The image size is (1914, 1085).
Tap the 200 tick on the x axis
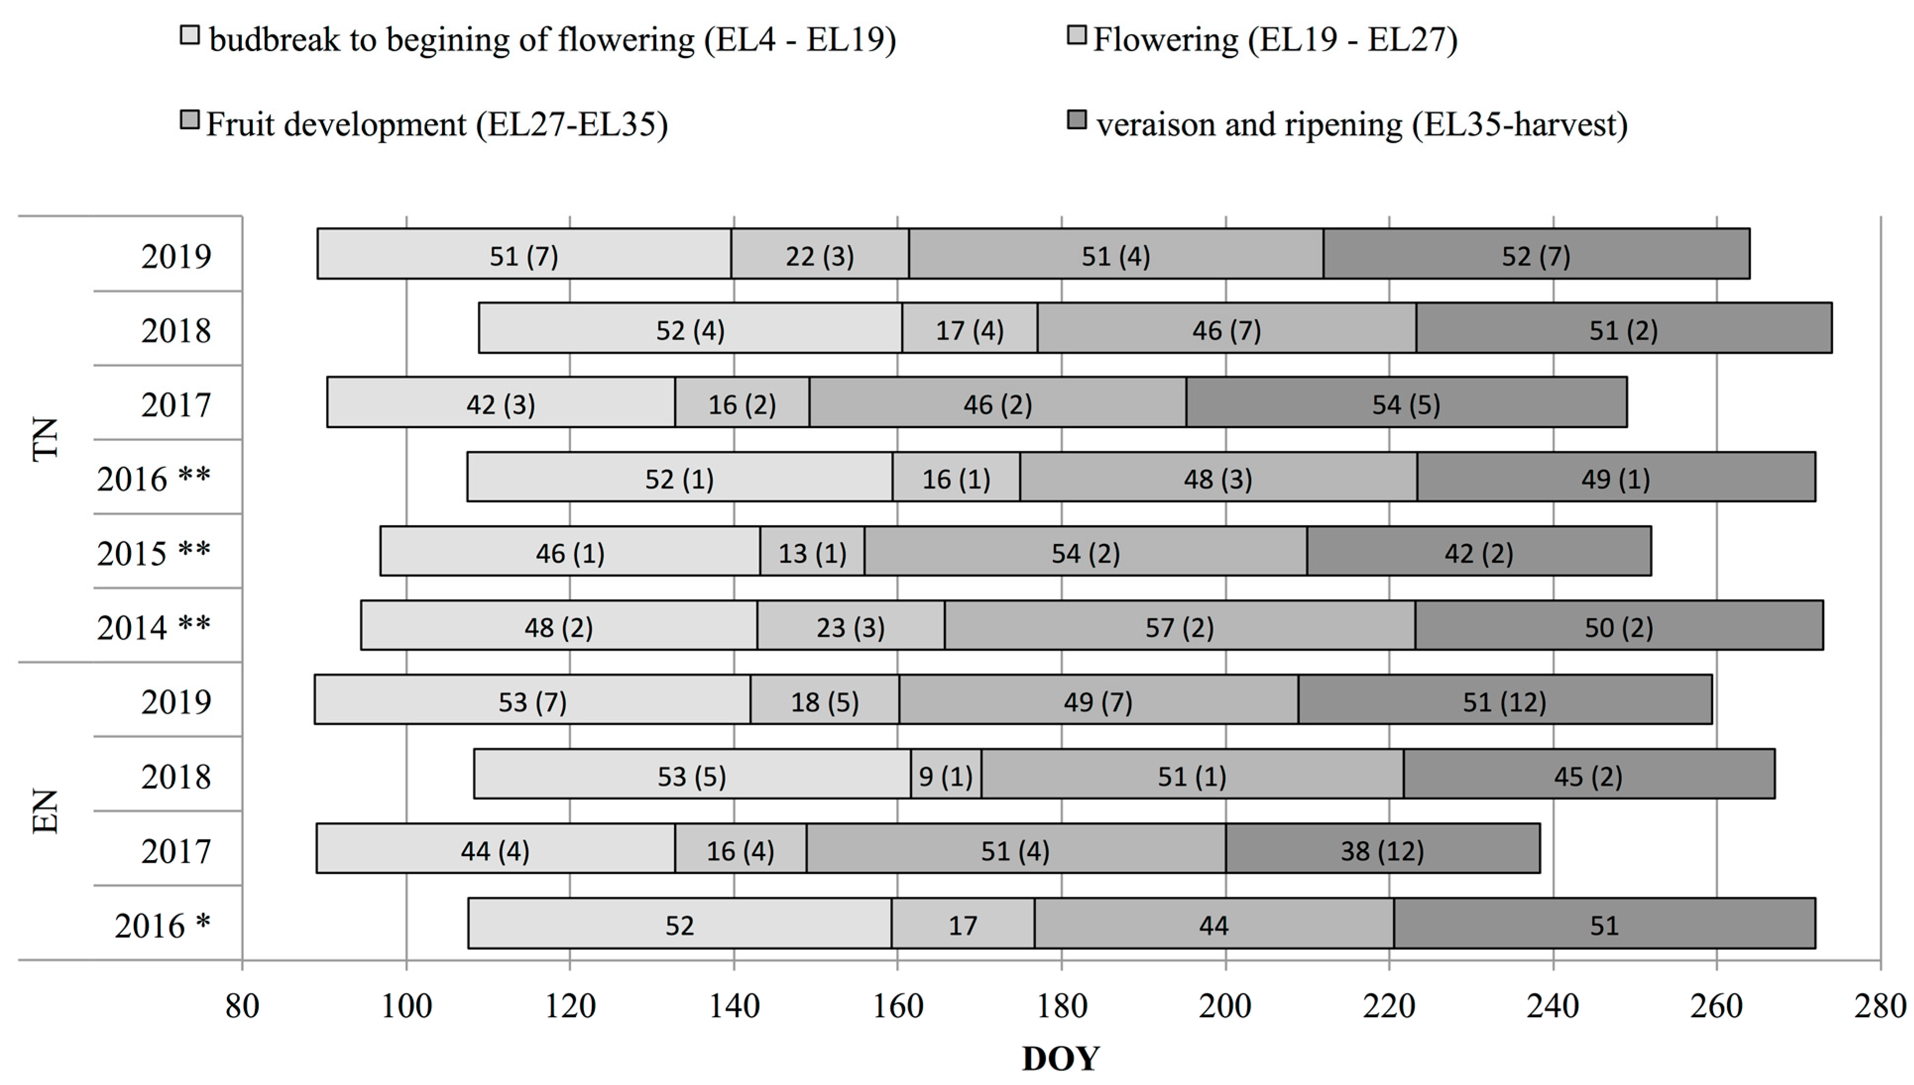[x=1225, y=1007]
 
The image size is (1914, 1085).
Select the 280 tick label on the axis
[x=1880, y=1007]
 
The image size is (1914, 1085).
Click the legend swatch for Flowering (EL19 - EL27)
[x=1076, y=36]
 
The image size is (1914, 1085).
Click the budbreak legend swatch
[x=190, y=36]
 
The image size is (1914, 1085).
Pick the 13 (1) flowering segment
[x=812, y=552]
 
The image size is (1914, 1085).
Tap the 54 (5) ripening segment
[x=1406, y=403]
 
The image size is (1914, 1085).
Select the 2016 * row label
[x=162, y=925]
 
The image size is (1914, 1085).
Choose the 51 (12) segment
[x=1504, y=701]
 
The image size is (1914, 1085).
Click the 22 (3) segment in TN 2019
[x=819, y=255]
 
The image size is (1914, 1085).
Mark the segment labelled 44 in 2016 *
[x=1213, y=924]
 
